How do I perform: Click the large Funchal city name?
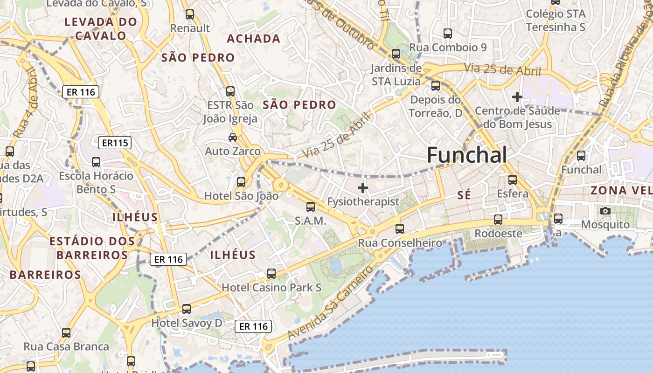pos(466,155)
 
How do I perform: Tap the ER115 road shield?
pos(115,143)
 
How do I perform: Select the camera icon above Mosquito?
pos(605,211)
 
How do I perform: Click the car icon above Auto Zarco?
pos(232,137)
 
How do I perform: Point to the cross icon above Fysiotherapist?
pos(362,188)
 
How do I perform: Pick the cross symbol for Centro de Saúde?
pos(517,97)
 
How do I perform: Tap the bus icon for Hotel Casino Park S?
pos(271,274)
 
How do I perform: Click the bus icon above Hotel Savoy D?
pos(187,309)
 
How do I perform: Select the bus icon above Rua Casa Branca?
pos(66,333)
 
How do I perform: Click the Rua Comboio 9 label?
pos(448,48)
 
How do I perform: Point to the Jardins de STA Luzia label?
pos(396,75)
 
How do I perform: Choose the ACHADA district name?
pos(254,39)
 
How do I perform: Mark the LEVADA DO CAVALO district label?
pos(101,28)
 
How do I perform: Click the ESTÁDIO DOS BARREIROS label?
pos(92,248)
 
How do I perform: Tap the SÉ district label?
pos(464,195)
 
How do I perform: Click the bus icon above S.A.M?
pos(311,207)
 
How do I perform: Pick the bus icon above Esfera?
pos(513,180)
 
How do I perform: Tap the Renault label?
pos(190,28)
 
